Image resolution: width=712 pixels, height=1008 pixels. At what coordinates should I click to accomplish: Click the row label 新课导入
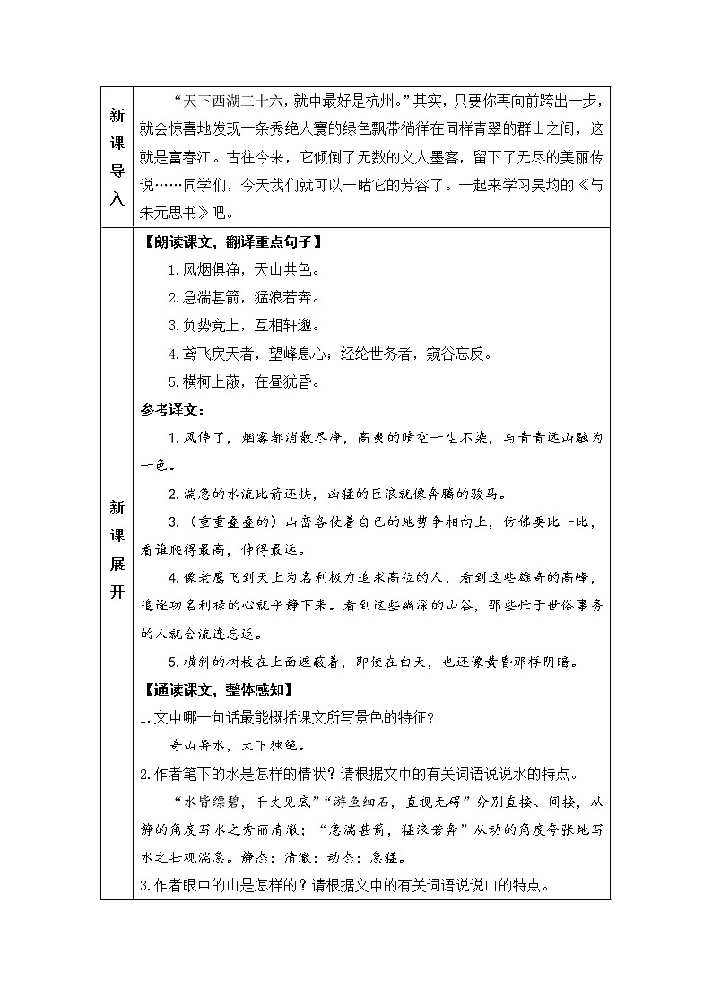pos(117,157)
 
